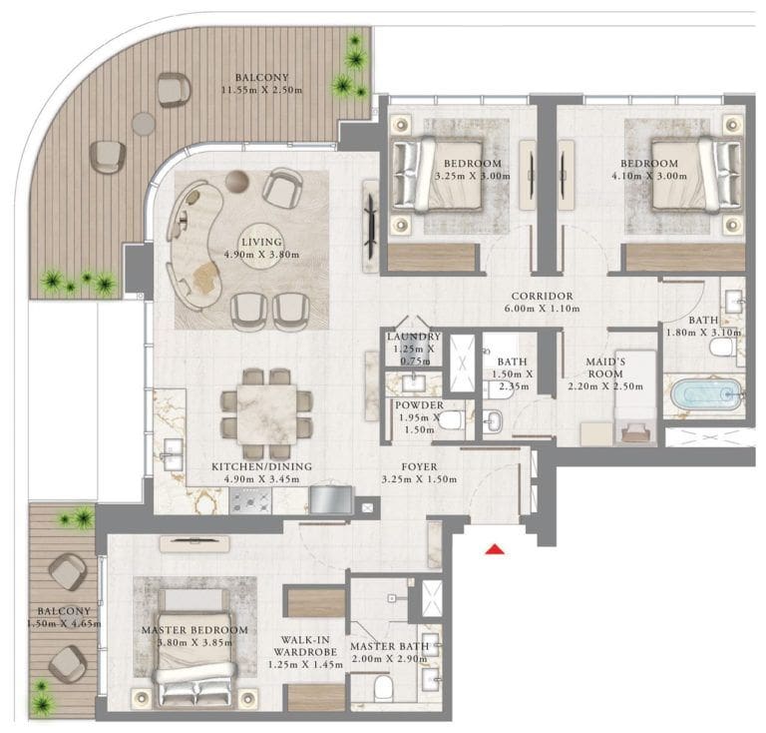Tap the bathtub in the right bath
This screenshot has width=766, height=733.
click(x=707, y=394)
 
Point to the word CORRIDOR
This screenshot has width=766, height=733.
click(x=541, y=297)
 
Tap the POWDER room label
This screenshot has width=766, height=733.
click(x=420, y=405)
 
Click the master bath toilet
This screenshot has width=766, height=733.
click(x=384, y=688)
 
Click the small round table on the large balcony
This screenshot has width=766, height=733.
click(x=144, y=123)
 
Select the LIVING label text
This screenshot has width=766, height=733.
click(x=258, y=242)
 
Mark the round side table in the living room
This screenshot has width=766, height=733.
click(x=235, y=181)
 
